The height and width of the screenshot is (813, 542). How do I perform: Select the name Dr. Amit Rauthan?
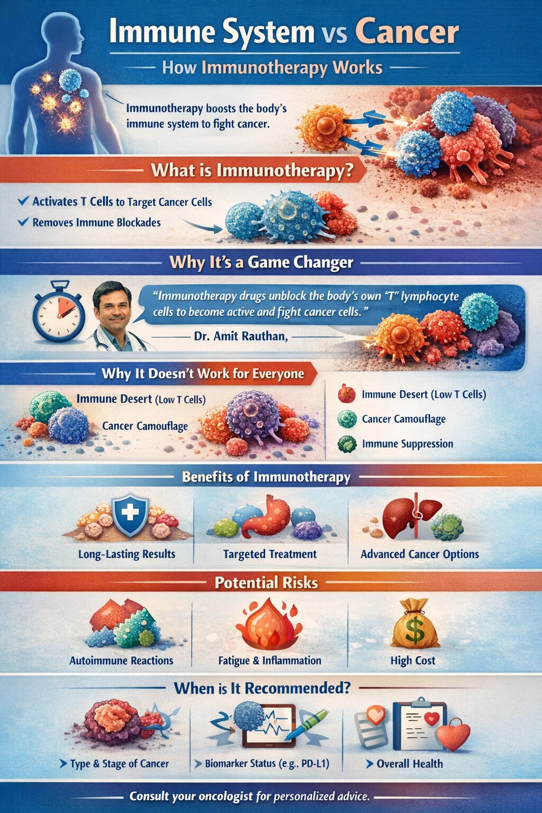point(240,336)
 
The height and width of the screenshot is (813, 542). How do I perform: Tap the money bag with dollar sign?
point(415,625)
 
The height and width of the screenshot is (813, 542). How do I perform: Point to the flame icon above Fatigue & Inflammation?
point(269,624)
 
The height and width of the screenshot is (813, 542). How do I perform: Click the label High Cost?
point(413,661)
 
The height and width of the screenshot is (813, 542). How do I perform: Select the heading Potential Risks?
point(266,583)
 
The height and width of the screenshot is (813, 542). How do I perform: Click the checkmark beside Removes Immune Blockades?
point(23,222)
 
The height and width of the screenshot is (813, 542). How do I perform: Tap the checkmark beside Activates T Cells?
point(23,201)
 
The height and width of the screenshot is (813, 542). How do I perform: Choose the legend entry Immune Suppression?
point(407,444)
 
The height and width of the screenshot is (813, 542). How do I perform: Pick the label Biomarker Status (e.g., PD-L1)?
point(267,763)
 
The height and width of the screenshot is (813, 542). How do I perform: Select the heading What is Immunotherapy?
point(252,170)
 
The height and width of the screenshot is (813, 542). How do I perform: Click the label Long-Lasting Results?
point(127,554)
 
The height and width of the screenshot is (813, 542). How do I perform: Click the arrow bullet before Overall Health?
point(369,764)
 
